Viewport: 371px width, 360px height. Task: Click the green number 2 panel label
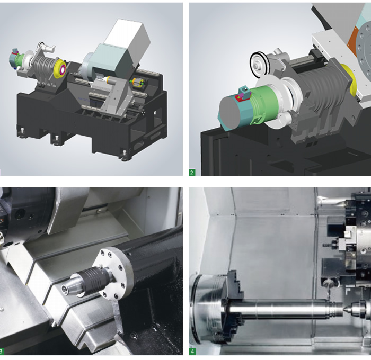[x=192, y=172]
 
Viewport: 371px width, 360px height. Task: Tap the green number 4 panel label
[x=192, y=352]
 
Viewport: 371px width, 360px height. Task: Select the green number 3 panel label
[x=2, y=352]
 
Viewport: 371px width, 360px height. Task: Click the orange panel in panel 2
[x=353, y=40]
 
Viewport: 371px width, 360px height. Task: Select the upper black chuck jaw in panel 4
[x=235, y=281]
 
